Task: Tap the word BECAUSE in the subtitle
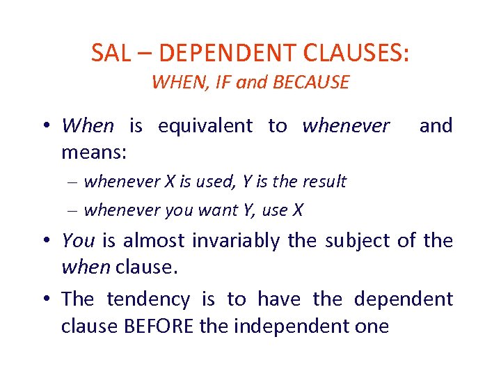pyautogui.click(x=311, y=83)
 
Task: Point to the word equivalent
pyautogui.click(x=205, y=126)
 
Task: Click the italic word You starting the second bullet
pyautogui.click(x=78, y=241)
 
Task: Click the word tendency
pyautogui.click(x=148, y=299)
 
